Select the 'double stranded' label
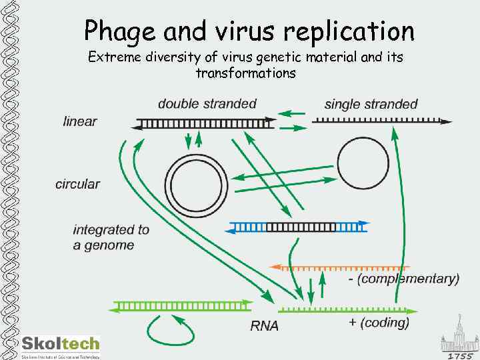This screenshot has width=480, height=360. tap(207, 103)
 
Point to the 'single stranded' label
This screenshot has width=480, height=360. tap(371, 104)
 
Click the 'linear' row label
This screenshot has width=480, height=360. tap(80, 121)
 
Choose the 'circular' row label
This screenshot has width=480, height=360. tap(78, 184)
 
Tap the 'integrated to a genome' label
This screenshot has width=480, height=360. tap(111, 237)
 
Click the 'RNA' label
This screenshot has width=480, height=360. tap(264, 326)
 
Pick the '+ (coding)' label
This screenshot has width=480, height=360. tap(379, 323)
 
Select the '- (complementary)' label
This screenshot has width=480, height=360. tap(404, 279)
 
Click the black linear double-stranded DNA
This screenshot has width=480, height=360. tap(205, 123)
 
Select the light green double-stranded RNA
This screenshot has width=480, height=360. tap(182, 306)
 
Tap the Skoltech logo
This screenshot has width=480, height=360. tap(60, 345)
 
